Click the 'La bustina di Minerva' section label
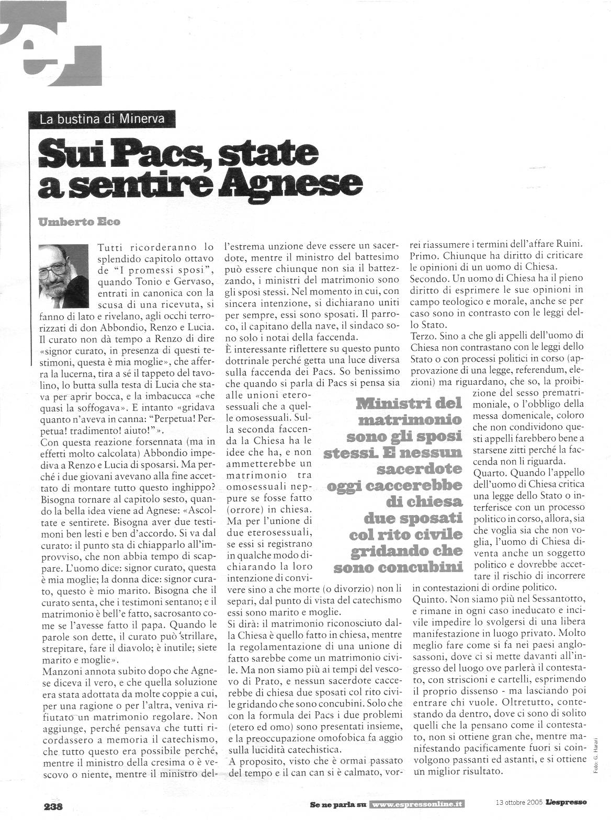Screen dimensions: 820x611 click(x=102, y=118)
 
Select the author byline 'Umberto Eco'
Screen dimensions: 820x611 click(x=79, y=222)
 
